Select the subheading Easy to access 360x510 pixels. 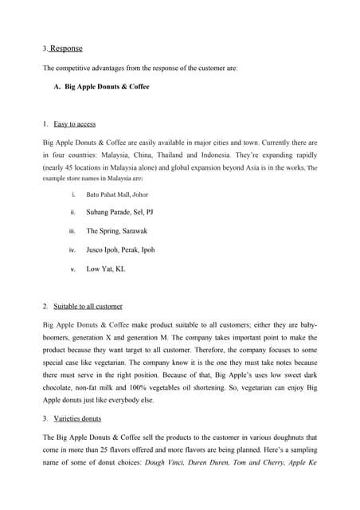(x=76, y=124)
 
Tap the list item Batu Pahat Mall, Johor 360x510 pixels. (x=116, y=194)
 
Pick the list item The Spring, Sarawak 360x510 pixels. (x=116, y=231)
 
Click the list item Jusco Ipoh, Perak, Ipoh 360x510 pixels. (x=120, y=249)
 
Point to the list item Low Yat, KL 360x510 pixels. (x=105, y=269)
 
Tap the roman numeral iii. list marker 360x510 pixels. (x=72, y=231)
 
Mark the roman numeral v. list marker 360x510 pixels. (x=72, y=269)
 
